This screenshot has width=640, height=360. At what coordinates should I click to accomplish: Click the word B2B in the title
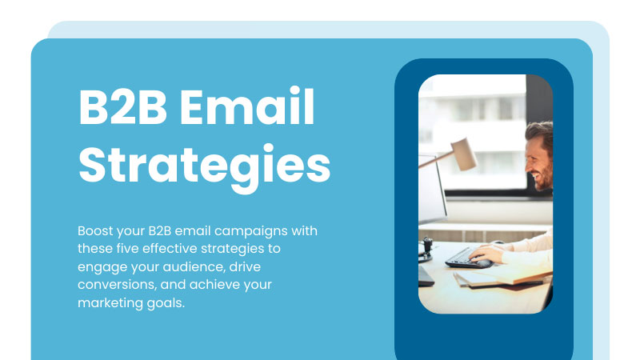123,107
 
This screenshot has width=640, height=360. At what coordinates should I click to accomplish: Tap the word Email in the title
247,106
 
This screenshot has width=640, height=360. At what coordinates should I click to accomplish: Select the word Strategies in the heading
205,166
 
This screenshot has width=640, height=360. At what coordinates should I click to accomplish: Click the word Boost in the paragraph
95,230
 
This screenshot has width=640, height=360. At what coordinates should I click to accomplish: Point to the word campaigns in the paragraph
251,232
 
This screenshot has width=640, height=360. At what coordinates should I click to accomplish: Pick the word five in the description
127,248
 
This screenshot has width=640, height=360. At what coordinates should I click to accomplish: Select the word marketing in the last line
110,303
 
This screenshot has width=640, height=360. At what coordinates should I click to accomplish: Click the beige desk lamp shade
464,154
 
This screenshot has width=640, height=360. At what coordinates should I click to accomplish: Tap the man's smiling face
538,161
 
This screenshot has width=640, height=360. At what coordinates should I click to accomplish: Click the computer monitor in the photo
432,189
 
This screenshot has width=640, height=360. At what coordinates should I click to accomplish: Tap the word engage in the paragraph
102,267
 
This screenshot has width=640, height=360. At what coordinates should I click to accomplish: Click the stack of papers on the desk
503,278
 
